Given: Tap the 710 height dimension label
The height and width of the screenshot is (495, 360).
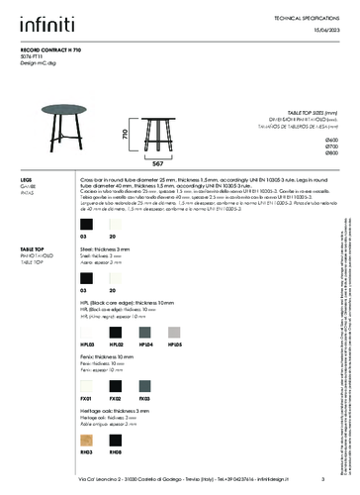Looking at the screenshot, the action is point(125,133).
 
